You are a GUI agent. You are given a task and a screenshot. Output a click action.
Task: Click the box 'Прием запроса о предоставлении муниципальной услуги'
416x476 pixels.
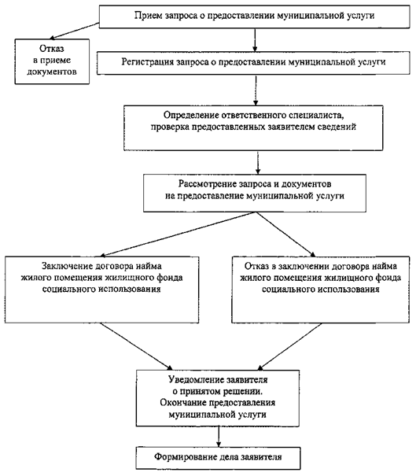point(255,17)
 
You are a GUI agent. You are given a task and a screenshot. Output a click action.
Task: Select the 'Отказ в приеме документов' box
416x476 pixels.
point(52,61)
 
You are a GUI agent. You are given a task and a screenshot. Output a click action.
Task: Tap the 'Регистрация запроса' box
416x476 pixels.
point(253,63)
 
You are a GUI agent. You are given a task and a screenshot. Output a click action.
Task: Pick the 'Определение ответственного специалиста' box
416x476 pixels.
point(253,127)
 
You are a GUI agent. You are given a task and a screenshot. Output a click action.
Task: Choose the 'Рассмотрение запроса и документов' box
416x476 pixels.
point(255,193)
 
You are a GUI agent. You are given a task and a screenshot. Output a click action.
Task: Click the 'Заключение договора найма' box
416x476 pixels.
point(102,290)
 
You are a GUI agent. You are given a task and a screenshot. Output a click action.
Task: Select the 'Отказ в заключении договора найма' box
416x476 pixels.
point(320,290)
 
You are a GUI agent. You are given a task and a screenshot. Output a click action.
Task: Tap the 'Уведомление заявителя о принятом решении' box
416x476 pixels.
point(218,398)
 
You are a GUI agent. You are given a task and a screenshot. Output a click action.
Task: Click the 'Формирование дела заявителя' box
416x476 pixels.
point(218,458)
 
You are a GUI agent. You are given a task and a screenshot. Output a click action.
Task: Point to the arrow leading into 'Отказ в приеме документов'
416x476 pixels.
point(75,31)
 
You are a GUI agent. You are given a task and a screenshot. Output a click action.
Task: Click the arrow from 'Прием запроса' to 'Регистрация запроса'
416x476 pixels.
point(255,40)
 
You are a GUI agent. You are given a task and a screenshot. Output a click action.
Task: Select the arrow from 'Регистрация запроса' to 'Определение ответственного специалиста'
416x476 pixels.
point(256,90)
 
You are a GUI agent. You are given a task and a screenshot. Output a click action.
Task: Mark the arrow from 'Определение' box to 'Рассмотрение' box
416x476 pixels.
point(258,162)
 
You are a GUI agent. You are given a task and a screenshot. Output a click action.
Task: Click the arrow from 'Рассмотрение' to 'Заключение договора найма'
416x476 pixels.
point(178,234)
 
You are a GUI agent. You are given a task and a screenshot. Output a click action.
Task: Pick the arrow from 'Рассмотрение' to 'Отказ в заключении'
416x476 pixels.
point(286,234)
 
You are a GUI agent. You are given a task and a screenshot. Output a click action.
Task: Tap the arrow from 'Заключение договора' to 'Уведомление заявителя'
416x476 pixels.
point(136,346)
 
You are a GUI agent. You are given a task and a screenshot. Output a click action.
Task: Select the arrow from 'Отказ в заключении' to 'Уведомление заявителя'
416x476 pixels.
point(289,346)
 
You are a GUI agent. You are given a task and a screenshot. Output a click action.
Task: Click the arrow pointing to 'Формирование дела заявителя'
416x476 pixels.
point(218,437)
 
